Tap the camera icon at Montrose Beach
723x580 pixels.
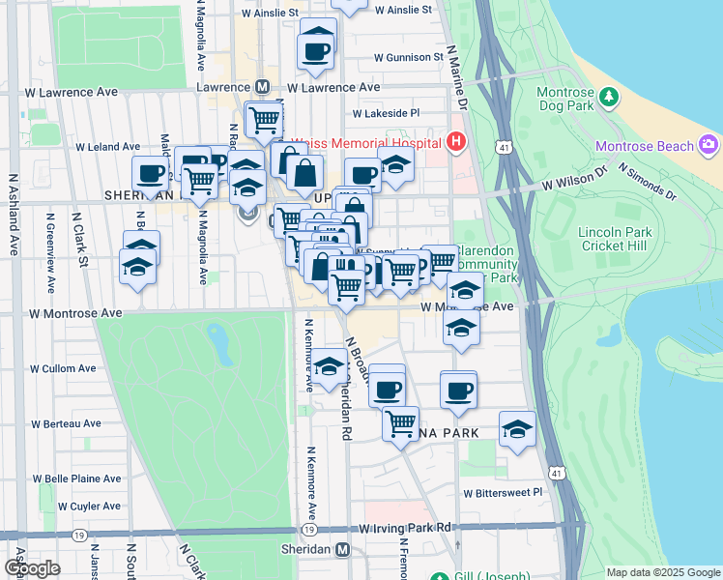point(709,145)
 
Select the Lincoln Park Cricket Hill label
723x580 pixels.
point(614,239)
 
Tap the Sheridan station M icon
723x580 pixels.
point(342,550)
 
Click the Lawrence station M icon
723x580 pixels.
point(261,87)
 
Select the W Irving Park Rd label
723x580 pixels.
point(405,528)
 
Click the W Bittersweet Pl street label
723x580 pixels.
point(503,493)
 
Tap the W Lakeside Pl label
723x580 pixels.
point(387,113)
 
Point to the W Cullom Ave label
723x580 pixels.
point(63,368)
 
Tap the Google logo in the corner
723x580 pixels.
point(32,568)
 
